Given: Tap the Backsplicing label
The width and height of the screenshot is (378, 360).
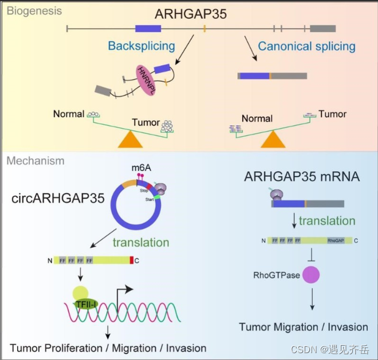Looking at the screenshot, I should [x=141, y=46].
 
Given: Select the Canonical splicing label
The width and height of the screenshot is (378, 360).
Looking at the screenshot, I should [x=306, y=46].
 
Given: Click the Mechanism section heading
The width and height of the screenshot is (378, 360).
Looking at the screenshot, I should [x=36, y=161].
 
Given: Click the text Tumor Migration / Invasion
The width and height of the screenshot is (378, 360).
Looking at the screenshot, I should [x=304, y=327].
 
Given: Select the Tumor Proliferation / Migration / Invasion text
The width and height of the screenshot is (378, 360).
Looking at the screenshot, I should [x=108, y=348].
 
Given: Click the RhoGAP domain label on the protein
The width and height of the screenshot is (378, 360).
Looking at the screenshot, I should [x=336, y=240].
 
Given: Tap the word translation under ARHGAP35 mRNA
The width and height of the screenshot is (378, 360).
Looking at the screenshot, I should [x=326, y=220].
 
